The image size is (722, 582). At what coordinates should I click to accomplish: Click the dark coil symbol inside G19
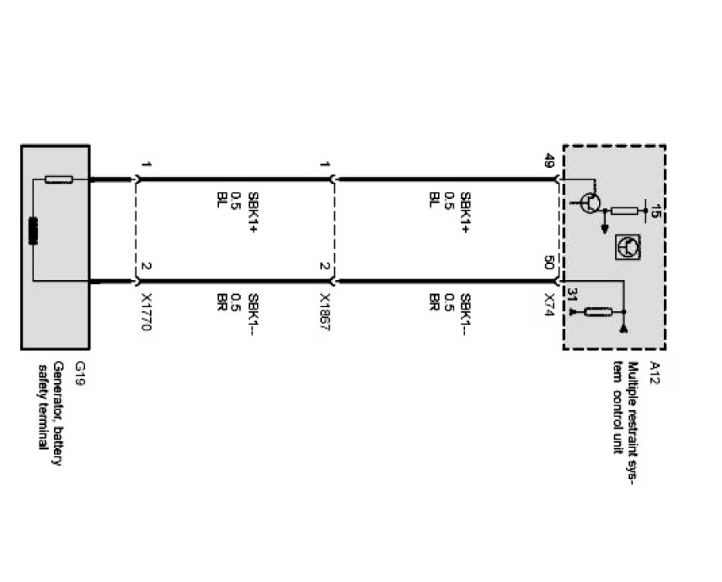34,231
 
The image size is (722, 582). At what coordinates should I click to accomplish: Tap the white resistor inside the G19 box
59,180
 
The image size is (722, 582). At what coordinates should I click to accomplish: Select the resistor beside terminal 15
624,211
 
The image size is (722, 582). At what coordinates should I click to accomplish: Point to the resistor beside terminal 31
599,313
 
